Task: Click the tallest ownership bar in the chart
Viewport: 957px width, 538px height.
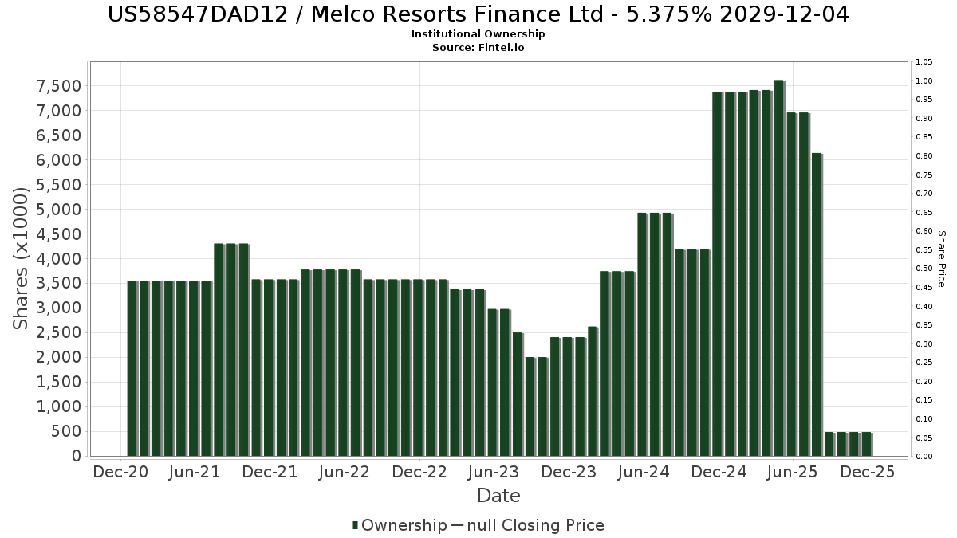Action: point(778,268)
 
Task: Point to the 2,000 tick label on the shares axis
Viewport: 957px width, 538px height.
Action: point(59,358)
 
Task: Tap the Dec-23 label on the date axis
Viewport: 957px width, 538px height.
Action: point(569,473)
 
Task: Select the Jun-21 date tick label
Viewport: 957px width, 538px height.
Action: point(195,473)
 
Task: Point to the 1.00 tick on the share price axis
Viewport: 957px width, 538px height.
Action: point(924,81)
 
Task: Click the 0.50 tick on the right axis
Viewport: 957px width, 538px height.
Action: point(924,269)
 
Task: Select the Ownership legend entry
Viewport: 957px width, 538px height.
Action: point(400,525)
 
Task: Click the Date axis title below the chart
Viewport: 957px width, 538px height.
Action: point(498,496)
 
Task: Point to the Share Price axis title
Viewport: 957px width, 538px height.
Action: point(941,258)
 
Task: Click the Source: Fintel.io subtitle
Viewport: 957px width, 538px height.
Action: point(478,48)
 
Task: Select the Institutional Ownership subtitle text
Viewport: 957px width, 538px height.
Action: point(478,34)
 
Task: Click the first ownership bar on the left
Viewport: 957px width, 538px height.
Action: point(132,368)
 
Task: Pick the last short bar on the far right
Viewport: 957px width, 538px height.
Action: point(866,444)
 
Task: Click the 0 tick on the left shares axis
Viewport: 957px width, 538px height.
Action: point(77,457)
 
